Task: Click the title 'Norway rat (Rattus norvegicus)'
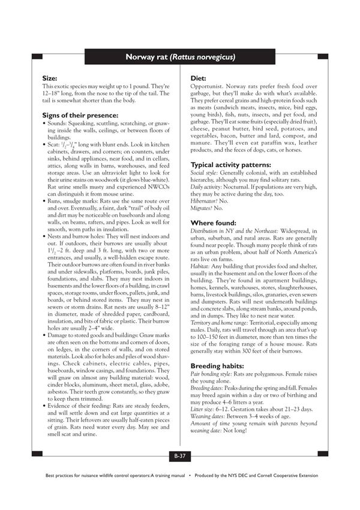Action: click(x=180, y=57)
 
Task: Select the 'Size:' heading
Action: click(x=50, y=79)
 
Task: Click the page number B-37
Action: click(x=180, y=457)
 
